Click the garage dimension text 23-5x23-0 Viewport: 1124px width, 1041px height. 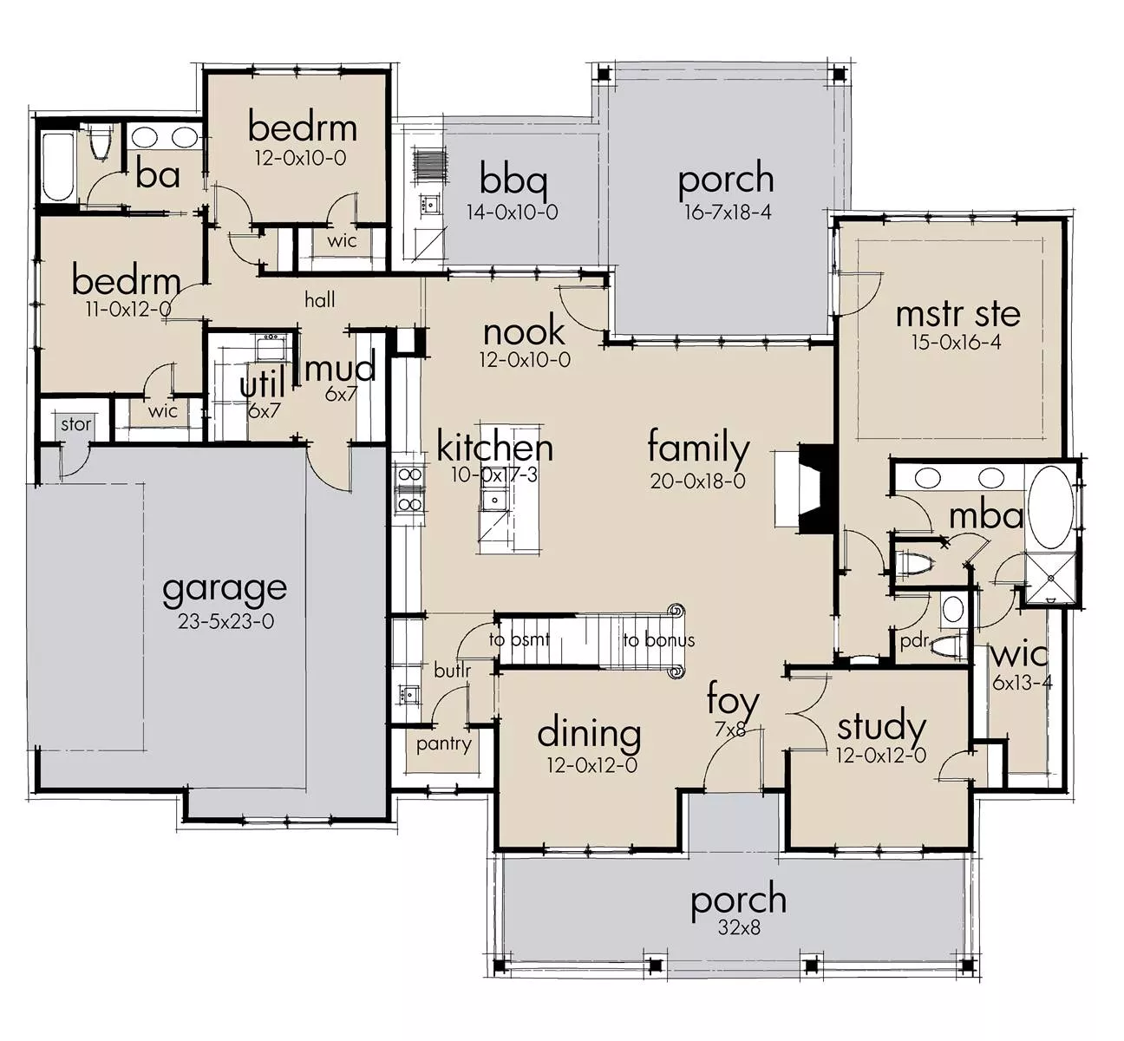[x=225, y=621]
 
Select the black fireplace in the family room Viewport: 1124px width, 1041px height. [x=816, y=488]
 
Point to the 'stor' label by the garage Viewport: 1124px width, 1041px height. [x=75, y=424]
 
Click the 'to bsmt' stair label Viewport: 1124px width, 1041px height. [x=520, y=639]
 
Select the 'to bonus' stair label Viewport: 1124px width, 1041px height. [x=659, y=640]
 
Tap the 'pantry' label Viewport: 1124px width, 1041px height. [x=444, y=744]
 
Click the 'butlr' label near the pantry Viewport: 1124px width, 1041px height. [x=452, y=671]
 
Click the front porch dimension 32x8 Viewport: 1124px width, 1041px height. [x=739, y=927]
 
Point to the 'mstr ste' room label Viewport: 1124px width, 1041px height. [x=957, y=314]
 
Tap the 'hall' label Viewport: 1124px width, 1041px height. [x=320, y=299]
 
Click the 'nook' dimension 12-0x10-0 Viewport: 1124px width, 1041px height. [x=525, y=360]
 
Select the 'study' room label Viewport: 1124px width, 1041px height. [x=881, y=728]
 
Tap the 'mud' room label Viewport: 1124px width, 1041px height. [x=340, y=369]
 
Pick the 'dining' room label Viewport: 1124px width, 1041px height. [x=589, y=736]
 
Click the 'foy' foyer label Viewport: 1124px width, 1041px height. [x=732, y=701]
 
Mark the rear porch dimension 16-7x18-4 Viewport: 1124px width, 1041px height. [x=728, y=213]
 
